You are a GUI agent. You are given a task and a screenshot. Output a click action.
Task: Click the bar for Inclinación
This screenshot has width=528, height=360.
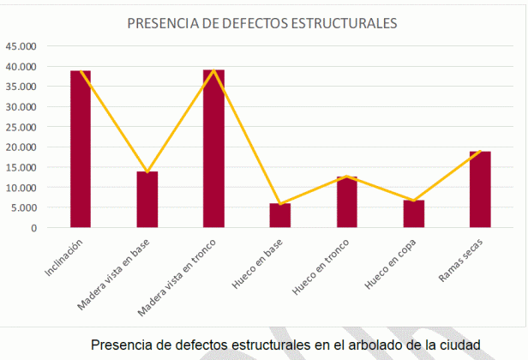pyautogui.click(x=81, y=149)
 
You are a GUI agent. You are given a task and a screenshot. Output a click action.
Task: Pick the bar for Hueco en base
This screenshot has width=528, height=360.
pyautogui.click(x=280, y=215)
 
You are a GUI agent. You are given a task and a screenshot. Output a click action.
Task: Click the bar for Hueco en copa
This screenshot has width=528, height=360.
pyautogui.click(x=414, y=213)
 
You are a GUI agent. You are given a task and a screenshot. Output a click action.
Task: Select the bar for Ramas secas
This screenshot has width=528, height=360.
pyautogui.click(x=480, y=189)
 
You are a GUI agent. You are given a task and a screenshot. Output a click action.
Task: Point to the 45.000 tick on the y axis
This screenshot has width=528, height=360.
pyautogui.click(x=21, y=45)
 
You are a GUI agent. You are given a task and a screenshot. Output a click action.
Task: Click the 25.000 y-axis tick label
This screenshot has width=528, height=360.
pyautogui.click(x=21, y=127)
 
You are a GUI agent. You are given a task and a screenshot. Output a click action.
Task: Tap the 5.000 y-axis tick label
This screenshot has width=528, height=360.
pyautogui.click(x=24, y=207)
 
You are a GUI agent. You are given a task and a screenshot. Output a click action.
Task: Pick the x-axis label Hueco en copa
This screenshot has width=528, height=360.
pyautogui.click(x=394, y=262)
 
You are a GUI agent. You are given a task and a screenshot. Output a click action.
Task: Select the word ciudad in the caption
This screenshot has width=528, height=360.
pyautogui.click(x=461, y=345)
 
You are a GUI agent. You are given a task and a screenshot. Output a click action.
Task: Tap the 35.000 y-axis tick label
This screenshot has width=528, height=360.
pyautogui.click(x=21, y=86)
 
